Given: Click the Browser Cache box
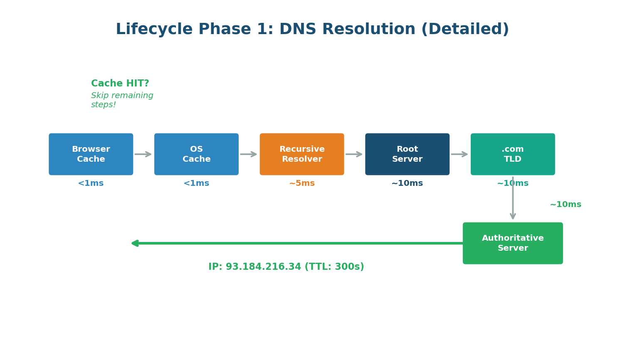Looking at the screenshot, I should [x=91, y=154].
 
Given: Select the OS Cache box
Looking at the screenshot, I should [x=196, y=154].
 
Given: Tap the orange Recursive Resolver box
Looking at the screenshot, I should [x=302, y=154].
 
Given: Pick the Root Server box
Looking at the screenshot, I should [x=407, y=154].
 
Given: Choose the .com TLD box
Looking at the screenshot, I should [x=513, y=154].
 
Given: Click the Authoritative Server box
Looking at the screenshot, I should [x=513, y=243].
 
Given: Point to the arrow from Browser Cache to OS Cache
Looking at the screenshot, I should [x=143, y=154].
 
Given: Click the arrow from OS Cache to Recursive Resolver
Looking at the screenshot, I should [x=249, y=154].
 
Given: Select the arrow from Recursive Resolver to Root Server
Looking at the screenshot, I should [x=354, y=154].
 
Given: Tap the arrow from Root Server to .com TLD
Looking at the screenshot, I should [x=460, y=154].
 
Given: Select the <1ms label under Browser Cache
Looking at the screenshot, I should [x=91, y=183].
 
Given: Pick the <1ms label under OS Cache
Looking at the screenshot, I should [x=196, y=183].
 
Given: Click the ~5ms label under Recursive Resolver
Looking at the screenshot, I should [x=302, y=183].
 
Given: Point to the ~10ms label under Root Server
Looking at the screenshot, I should [x=407, y=183].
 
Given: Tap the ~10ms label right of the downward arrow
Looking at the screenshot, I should [x=566, y=205].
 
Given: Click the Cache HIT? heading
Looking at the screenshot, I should [x=120, y=84].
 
